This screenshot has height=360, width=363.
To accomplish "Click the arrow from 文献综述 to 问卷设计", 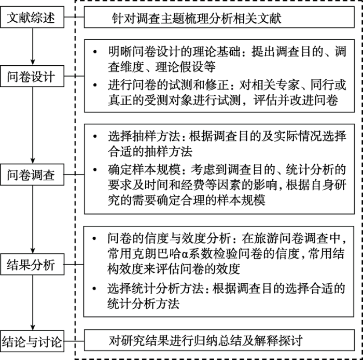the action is coord(33,47).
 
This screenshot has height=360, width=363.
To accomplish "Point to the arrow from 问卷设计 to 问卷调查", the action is coord(33,125).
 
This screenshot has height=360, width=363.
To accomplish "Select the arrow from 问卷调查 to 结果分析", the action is coord(33,220).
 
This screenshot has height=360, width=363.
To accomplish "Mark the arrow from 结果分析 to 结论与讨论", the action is coord(33,303).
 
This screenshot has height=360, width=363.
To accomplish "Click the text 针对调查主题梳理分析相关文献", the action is coord(197,18).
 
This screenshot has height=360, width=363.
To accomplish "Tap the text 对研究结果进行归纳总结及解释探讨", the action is coord(205,341).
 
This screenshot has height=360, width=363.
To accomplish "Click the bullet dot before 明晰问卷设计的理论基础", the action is coord(95,52).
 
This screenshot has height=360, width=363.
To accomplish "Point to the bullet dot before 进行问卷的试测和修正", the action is coord(95,85).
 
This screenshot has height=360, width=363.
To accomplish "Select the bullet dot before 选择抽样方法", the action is coord(95,136).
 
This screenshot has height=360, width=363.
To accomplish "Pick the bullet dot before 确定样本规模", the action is coord(95,169).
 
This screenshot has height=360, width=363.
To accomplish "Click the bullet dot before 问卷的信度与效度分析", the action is coord(94,238).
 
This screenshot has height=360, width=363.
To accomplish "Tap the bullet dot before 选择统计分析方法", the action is coord(94,289).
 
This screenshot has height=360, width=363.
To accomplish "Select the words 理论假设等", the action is coord(186,67).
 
